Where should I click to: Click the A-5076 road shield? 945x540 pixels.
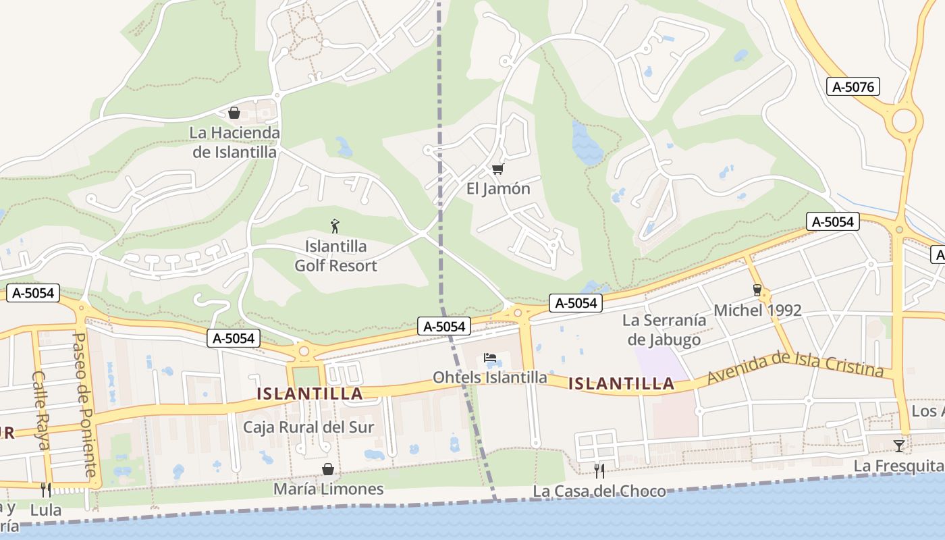[853, 86]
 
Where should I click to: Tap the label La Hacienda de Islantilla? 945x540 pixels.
[234, 142]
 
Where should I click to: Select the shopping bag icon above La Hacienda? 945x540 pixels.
[234, 113]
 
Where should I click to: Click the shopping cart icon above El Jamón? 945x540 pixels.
[498, 169]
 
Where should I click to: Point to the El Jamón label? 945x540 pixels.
[498, 188]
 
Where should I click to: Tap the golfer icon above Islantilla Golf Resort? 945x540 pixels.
[335, 226]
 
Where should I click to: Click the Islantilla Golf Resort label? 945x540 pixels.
[335, 256]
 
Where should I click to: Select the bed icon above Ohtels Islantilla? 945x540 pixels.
[490, 358]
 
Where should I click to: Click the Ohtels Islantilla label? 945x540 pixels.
[490, 377]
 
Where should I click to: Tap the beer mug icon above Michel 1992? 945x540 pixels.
[757, 290]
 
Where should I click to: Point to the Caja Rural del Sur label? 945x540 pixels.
[308, 427]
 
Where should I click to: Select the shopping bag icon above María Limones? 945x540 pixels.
[328, 469]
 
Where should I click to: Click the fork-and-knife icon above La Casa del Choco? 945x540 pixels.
[599, 470]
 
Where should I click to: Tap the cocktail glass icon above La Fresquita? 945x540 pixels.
[898, 446]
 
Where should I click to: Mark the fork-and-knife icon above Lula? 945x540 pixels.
[45, 489]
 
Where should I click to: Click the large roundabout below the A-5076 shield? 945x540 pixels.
[904, 122]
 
